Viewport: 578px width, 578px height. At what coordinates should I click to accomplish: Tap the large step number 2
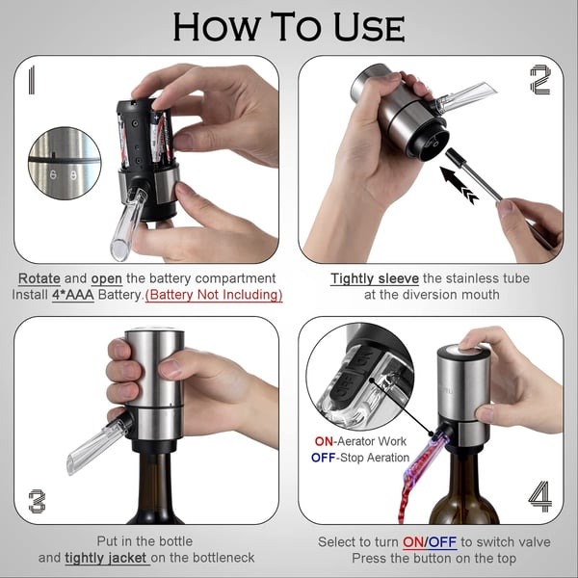pos(540,80)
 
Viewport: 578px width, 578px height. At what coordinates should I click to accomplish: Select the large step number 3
pos(37,501)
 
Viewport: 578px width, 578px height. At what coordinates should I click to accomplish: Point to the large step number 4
pos(540,497)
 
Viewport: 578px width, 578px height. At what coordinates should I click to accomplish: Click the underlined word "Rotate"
pos(39,278)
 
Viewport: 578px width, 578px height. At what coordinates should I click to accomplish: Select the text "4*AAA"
pos(73,295)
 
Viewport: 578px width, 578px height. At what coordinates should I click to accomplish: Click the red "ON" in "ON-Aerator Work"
pos(321,440)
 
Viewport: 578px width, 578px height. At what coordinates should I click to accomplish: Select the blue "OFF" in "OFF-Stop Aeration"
pos(324,458)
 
